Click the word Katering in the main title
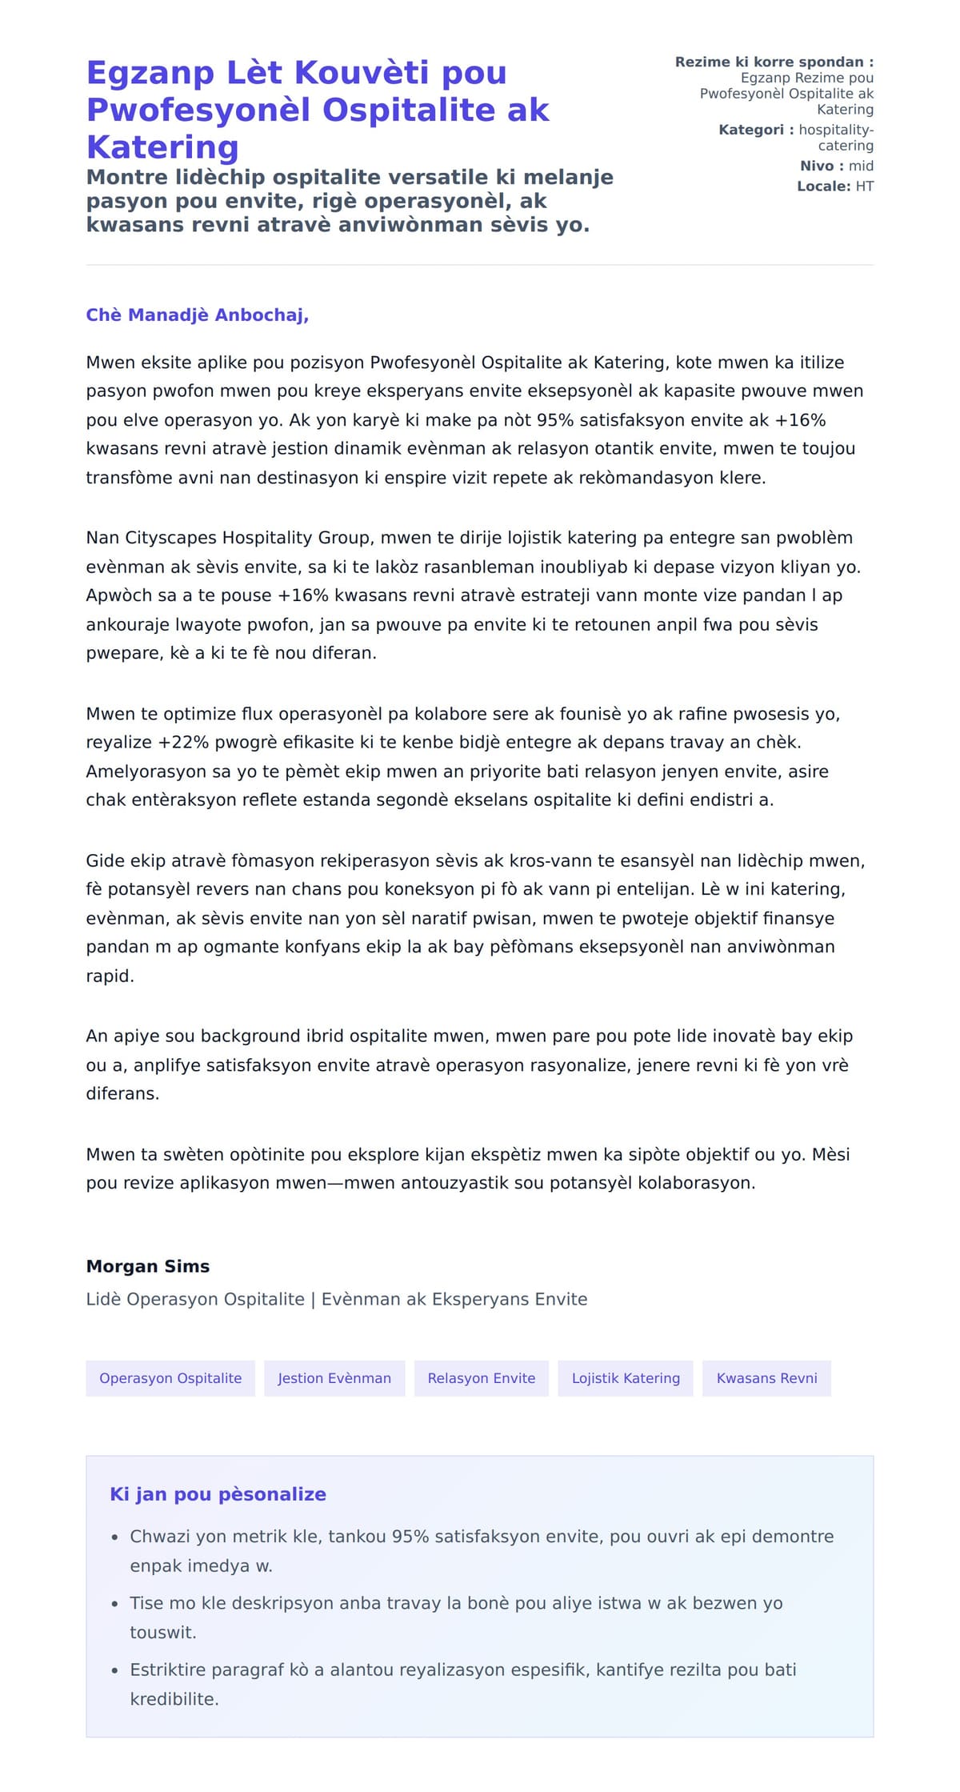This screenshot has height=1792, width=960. pyautogui.click(x=162, y=147)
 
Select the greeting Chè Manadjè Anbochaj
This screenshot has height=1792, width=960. pyautogui.click(x=197, y=315)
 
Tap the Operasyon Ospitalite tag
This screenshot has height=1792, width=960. pyautogui.click(x=170, y=1378)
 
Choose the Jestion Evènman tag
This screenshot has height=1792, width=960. pyautogui.click(x=334, y=1378)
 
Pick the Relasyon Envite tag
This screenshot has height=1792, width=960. pyautogui.click(x=481, y=1378)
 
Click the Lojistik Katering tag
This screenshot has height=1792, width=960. pyautogui.click(x=626, y=1378)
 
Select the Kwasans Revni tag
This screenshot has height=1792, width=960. pyautogui.click(x=766, y=1378)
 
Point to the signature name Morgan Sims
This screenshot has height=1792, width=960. pyautogui.click(x=148, y=1266)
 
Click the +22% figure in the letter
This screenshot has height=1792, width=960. pyautogui.click(x=183, y=743)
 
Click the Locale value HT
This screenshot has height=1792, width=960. pyautogui.click(x=864, y=186)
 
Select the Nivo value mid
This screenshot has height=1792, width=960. pyautogui.click(x=861, y=166)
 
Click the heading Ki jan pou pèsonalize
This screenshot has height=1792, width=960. pyautogui.click(x=218, y=1494)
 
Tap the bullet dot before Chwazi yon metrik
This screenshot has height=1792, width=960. pyautogui.click(x=114, y=1537)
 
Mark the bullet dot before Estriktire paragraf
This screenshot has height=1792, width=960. pyautogui.click(x=114, y=1670)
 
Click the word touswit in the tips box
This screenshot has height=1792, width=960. pyautogui.click(x=163, y=1632)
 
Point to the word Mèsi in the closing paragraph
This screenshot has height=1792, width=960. pyautogui.click(x=830, y=1154)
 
